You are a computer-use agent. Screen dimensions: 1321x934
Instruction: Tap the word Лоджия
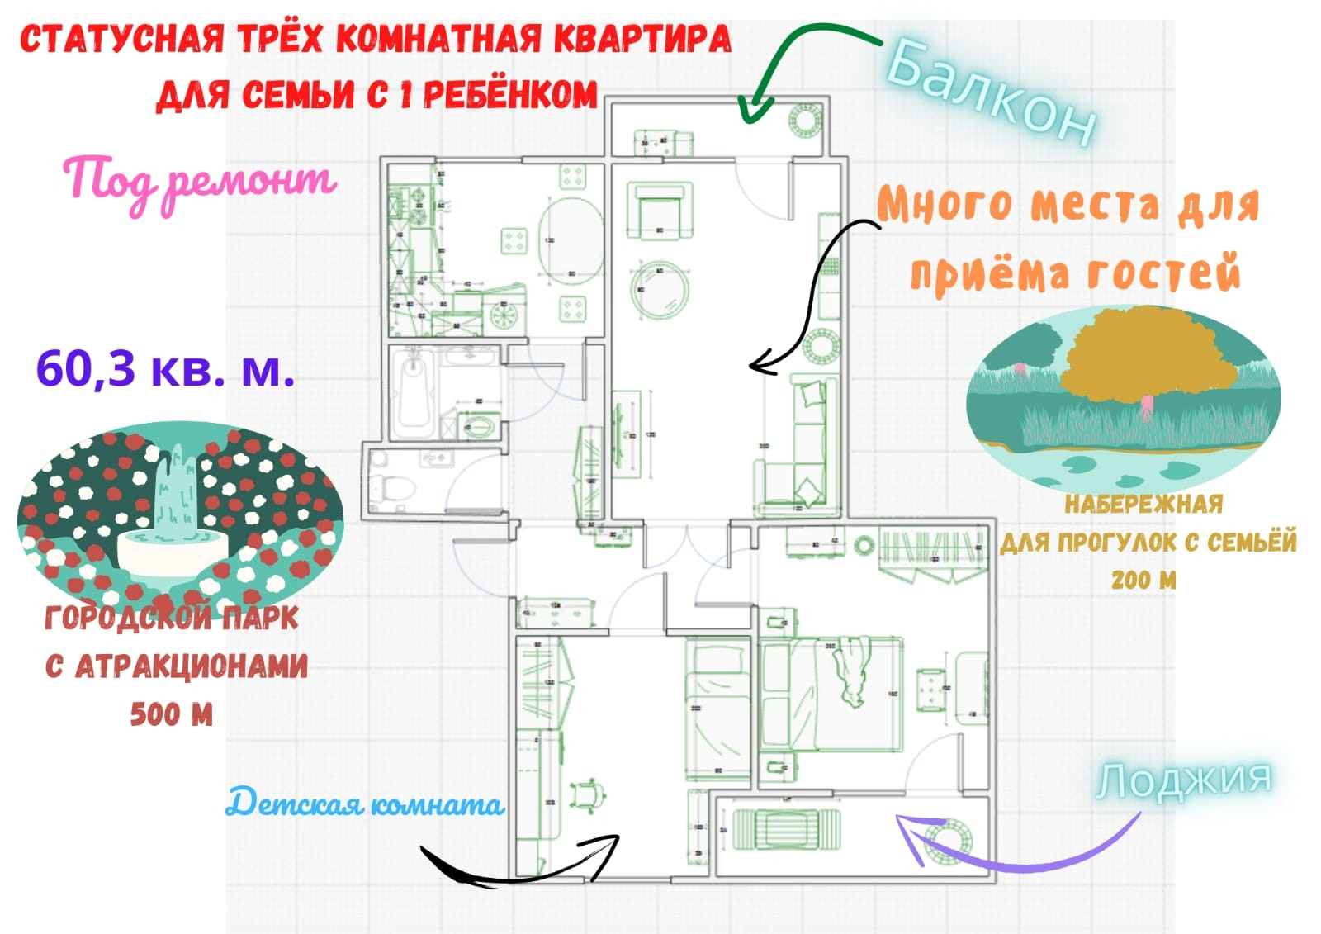tap(1183, 780)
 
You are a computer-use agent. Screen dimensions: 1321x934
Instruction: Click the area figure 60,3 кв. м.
tap(165, 368)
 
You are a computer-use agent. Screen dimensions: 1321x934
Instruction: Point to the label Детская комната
tap(364, 804)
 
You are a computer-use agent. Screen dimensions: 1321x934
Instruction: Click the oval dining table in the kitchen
tap(571, 240)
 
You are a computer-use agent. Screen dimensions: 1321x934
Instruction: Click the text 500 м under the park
tap(172, 714)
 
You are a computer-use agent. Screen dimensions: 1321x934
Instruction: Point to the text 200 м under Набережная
tap(1143, 580)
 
